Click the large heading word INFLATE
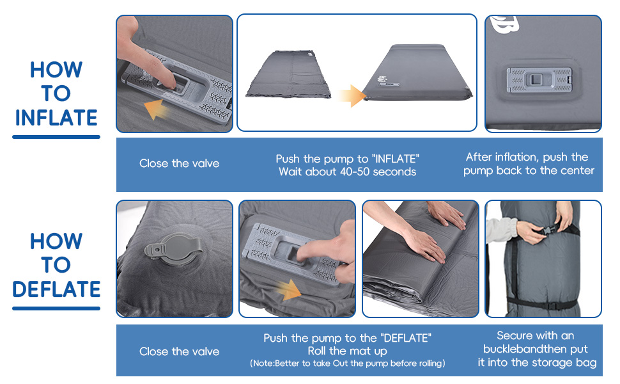pyautogui.click(x=56, y=118)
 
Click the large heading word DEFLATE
pyautogui.click(x=56, y=289)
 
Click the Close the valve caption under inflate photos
pyautogui.click(x=179, y=164)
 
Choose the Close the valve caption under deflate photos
pyautogui.click(x=179, y=351)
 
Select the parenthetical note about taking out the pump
pyautogui.click(x=347, y=364)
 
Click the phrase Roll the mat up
pyautogui.click(x=347, y=351)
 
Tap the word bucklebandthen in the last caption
pyautogui.click(x=518, y=349)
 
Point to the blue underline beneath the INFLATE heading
pyautogui.click(x=56, y=136)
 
